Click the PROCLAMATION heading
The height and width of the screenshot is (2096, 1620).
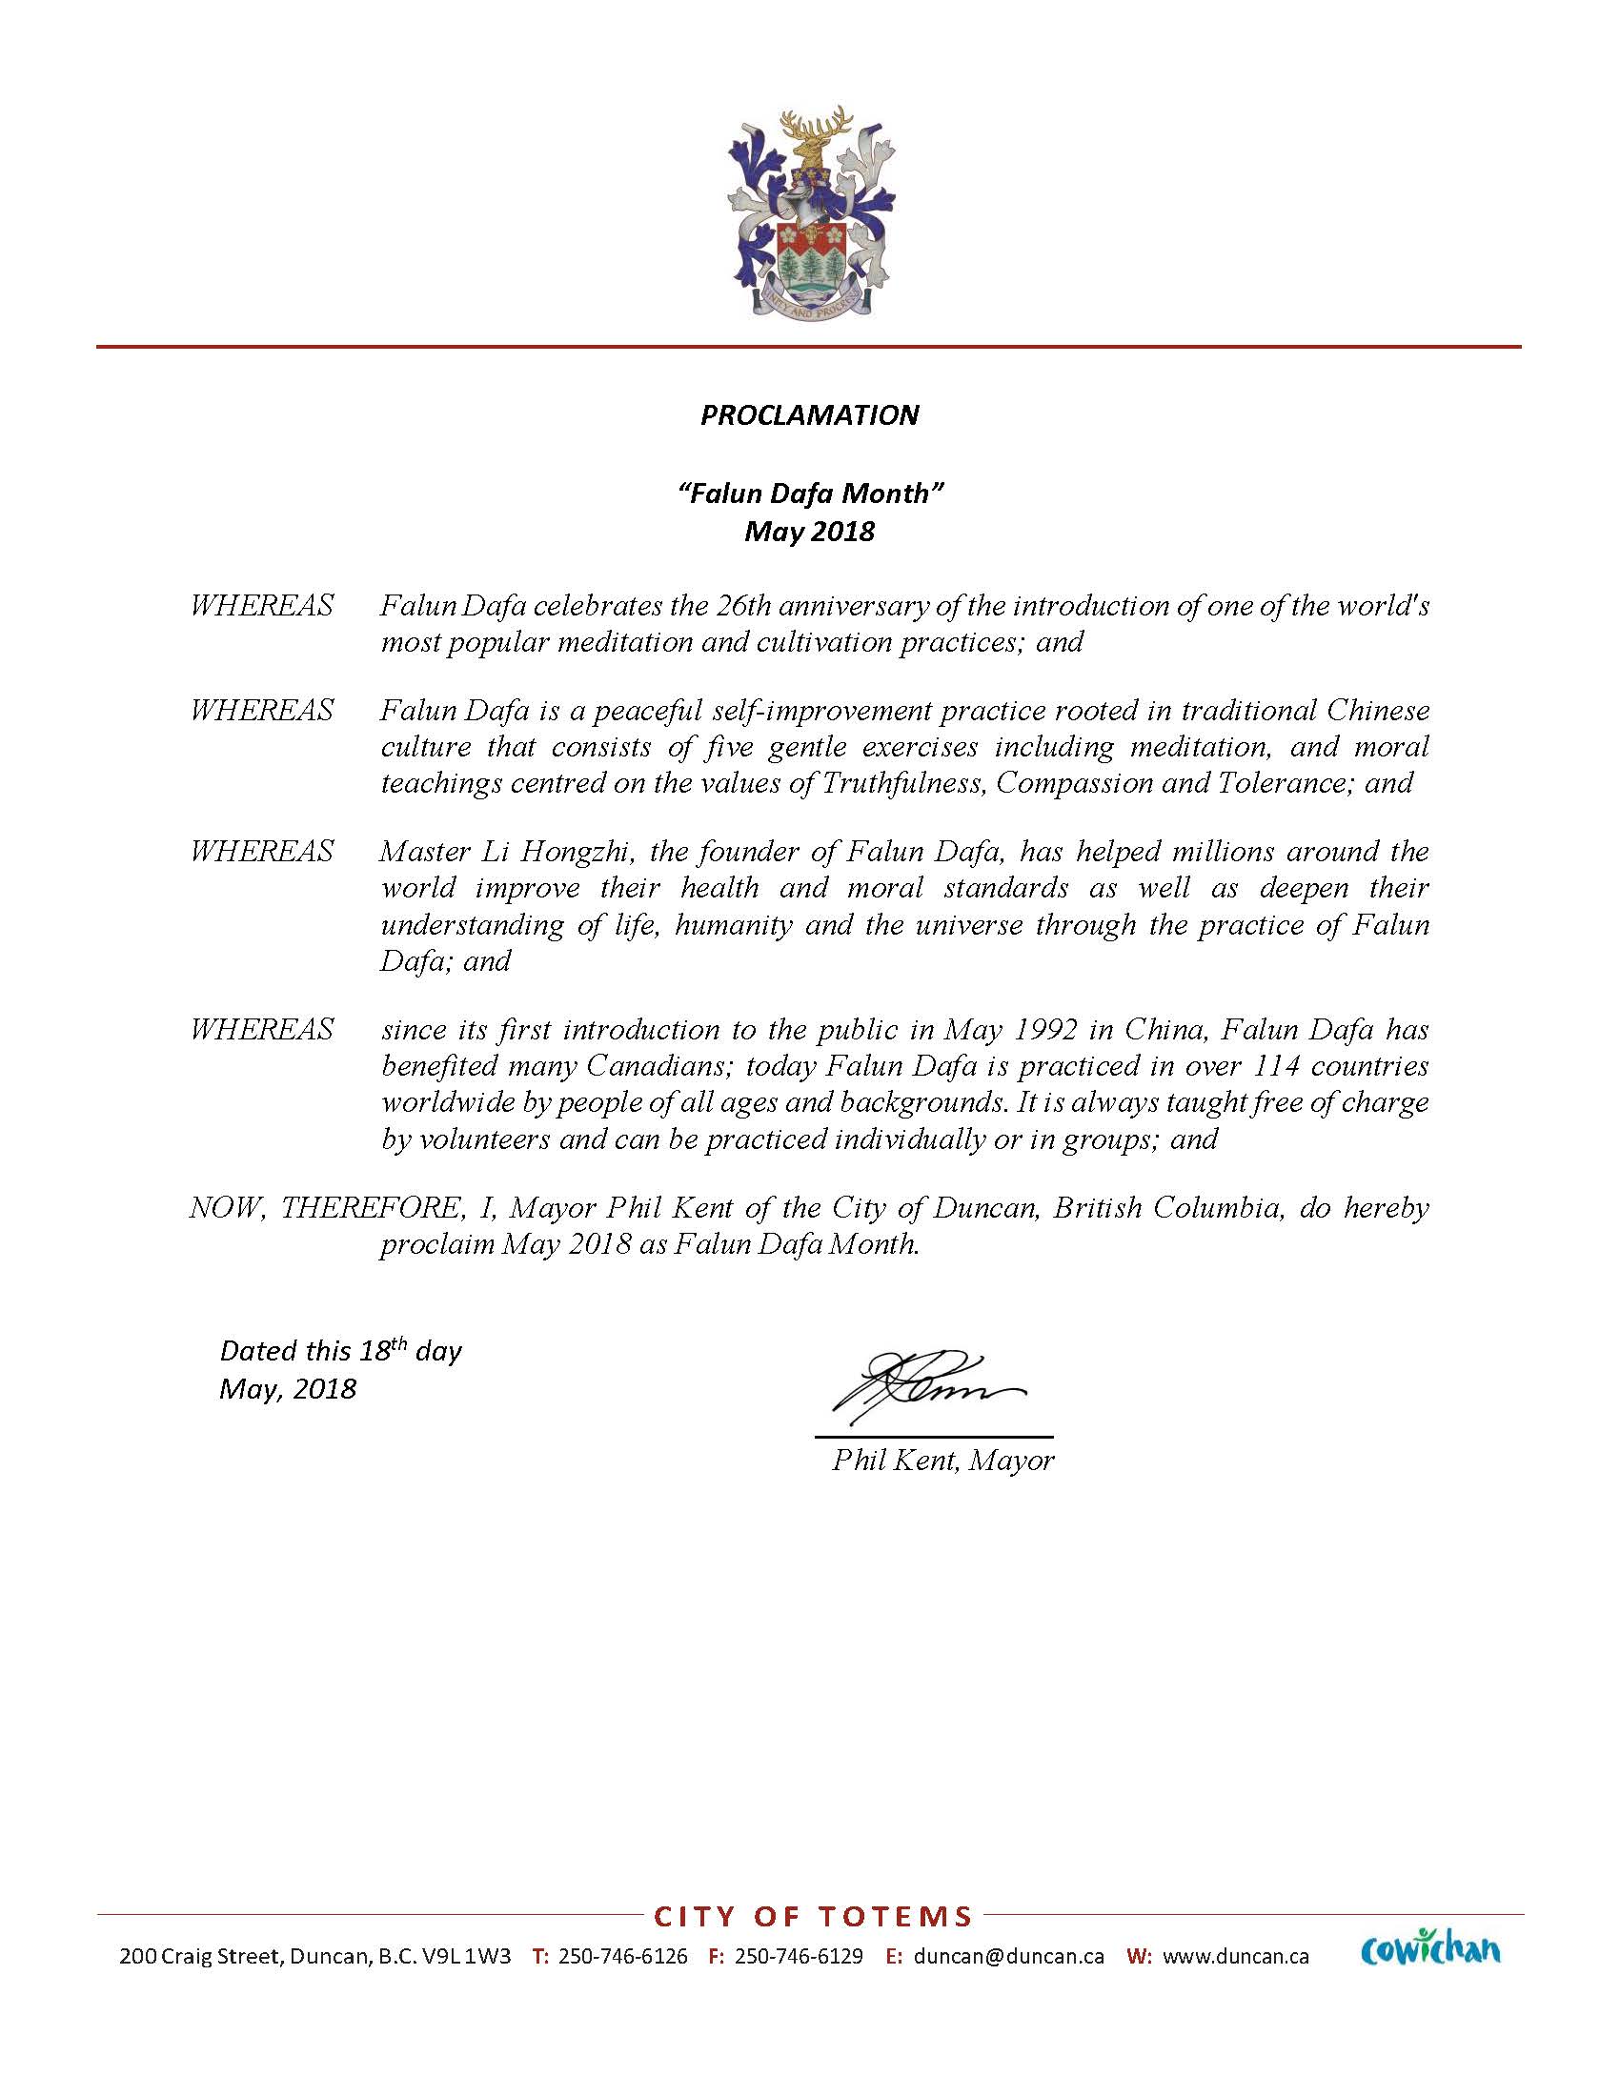[x=809, y=414]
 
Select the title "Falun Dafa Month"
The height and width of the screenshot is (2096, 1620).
[x=810, y=494]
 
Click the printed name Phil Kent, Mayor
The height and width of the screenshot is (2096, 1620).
[x=942, y=1460]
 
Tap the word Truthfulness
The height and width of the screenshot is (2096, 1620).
[x=903, y=782]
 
